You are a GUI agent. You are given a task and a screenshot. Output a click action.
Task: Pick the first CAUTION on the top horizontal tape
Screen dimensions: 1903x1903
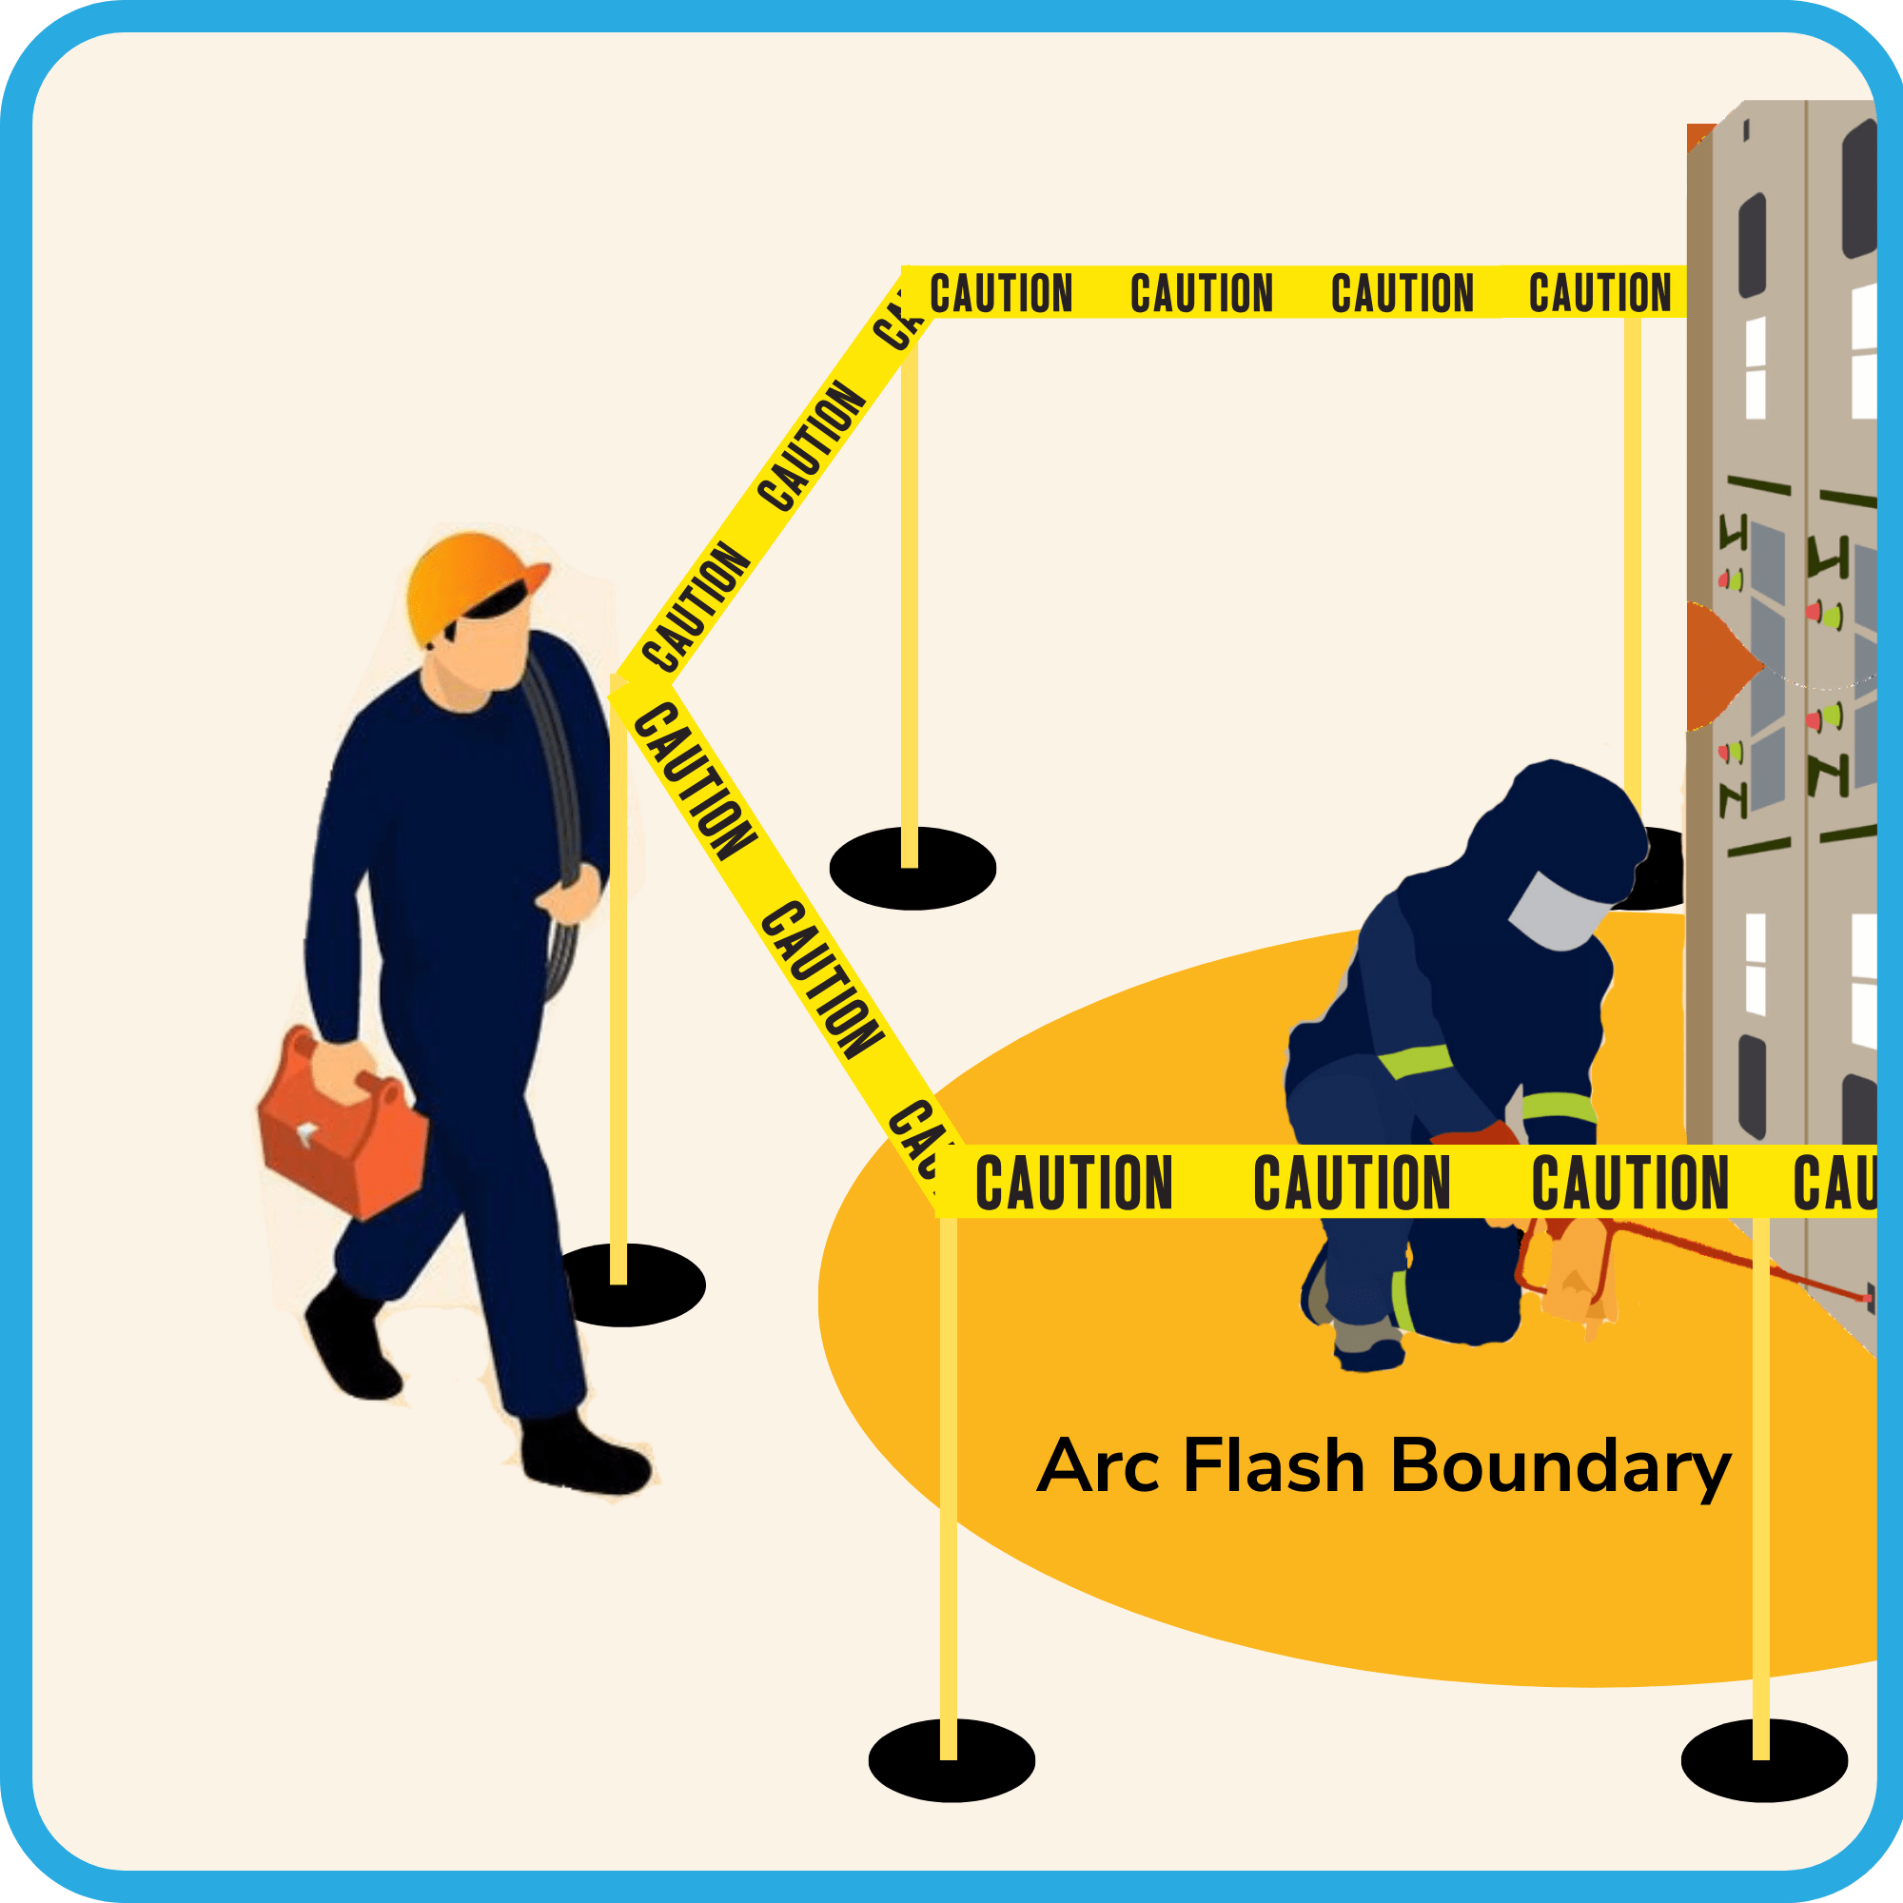coord(1001,293)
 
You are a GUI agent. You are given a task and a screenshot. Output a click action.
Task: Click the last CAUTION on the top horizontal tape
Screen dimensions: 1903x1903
coord(1599,292)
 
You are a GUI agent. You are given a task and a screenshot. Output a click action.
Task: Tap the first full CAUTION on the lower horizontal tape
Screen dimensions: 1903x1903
coord(1072,1182)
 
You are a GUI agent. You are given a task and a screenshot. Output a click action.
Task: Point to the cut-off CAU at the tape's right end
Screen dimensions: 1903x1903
coord(1832,1182)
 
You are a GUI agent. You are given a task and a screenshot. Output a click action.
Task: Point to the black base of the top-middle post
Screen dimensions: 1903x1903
coord(912,869)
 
